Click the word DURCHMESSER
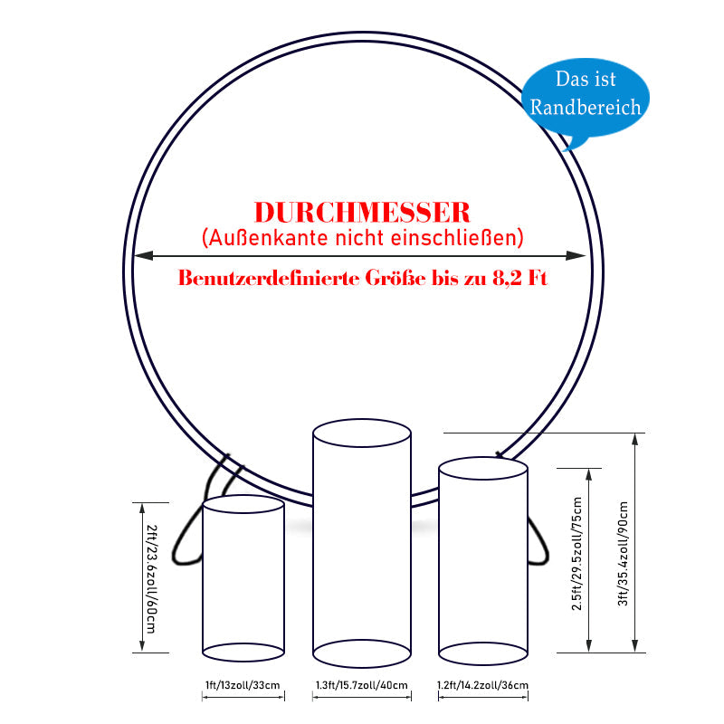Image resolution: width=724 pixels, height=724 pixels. coord(362,213)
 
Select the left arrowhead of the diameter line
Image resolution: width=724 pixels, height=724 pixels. coord(143,255)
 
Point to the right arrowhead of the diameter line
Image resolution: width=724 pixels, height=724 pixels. coord(576,255)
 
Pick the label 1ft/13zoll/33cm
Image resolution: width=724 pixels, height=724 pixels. coord(243,685)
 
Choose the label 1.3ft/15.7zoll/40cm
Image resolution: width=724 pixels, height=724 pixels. coord(361,685)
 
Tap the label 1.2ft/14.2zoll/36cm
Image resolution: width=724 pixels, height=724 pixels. coord(482,685)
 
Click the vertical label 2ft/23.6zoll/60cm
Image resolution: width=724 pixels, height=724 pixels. coord(151,578)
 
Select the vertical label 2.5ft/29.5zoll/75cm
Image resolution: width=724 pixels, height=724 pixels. coord(577,554)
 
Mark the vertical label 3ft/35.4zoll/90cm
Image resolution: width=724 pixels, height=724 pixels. coord(624,554)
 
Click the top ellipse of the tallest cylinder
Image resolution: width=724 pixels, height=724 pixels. coord(361,433)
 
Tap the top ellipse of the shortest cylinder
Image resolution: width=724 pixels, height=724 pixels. coord(243,504)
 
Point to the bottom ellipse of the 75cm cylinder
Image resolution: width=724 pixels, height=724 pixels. coord(483,653)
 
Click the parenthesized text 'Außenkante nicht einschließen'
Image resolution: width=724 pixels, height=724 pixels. coord(363,238)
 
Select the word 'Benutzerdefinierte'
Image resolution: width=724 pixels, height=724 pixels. coord(269,278)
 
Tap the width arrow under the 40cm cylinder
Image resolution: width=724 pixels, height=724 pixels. coord(361,697)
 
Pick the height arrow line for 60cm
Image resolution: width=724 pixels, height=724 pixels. coord(142,577)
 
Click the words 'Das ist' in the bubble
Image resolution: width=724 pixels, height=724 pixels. coord(586,79)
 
